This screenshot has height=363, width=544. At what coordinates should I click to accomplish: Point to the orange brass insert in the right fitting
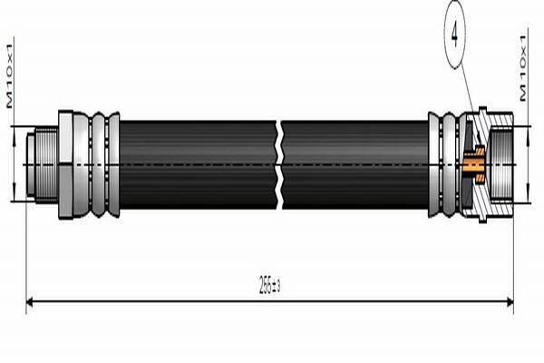[x=474, y=165]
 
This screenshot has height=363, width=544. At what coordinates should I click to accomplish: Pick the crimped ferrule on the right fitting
[x=443, y=164]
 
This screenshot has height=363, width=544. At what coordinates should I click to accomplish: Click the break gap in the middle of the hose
[x=281, y=164]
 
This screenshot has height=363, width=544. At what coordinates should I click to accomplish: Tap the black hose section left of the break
[x=199, y=164]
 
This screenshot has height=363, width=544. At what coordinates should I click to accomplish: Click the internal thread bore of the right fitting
[x=501, y=164]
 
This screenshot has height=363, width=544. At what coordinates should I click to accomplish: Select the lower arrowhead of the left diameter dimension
[x=15, y=197]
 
